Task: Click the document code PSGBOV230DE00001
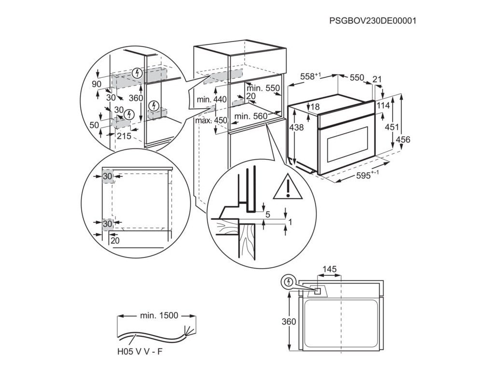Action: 372,21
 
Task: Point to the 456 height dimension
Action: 403,140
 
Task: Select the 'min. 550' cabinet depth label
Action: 263,88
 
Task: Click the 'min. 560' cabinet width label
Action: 250,116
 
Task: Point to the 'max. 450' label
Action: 211,120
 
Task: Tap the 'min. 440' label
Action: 211,100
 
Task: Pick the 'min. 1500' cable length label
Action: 159,316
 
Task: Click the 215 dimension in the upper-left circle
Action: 124,136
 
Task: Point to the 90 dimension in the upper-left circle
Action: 97,84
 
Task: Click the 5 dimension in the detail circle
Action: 268,214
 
